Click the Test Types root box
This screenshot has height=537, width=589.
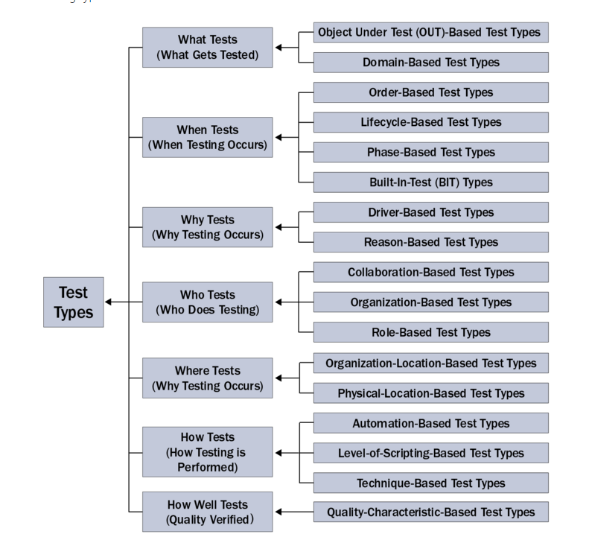73,302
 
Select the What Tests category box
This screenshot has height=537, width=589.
207,47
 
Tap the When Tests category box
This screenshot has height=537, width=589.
207,137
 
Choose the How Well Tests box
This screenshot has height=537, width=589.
207,512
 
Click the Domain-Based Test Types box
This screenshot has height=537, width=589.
430,63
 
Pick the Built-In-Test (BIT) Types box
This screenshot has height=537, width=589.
430,182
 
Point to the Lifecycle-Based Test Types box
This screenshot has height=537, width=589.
430,122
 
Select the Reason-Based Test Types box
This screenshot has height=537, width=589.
430,242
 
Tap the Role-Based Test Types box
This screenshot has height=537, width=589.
430,332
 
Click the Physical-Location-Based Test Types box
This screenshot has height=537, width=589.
430,393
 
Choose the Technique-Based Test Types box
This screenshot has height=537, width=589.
430,483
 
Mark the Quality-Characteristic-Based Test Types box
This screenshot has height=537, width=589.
430,512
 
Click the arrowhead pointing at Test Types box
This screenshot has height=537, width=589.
109,302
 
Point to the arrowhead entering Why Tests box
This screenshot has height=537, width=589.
278,227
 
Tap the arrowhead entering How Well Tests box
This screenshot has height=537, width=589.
278,512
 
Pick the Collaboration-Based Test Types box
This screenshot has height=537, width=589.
430,273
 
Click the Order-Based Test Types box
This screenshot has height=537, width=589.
430,92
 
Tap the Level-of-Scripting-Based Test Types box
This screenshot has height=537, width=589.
430,453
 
